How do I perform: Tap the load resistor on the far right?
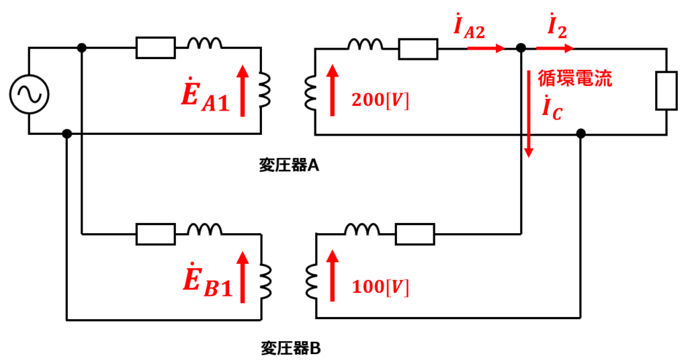pyautogui.click(x=666, y=90)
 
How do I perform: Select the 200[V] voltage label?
pyautogui.click(x=380, y=101)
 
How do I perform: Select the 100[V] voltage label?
pyautogui.click(x=380, y=287)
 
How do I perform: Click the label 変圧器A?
pyautogui.click(x=289, y=166)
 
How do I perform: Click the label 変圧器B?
pyautogui.click(x=290, y=349)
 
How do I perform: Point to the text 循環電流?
pyautogui.click(x=575, y=79)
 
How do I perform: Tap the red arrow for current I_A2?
pyautogui.click(x=486, y=48)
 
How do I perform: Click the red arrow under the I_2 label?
pyautogui.click(x=554, y=48)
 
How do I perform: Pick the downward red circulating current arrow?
pyautogui.click(x=529, y=113)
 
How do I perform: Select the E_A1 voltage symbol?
pyautogui.click(x=206, y=95)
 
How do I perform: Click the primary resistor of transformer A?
pyautogui.click(x=156, y=48)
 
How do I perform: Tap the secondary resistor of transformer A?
pyautogui.click(x=418, y=48)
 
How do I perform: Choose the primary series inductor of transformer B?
pyautogui.click(x=204, y=229)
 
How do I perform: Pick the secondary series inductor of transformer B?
pyautogui.click(x=362, y=229)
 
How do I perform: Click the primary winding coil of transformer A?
pyautogui.click(x=265, y=90)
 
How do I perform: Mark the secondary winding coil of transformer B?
pyautogui.click(x=312, y=281)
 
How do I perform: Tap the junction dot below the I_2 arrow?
pyautogui.click(x=521, y=48)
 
